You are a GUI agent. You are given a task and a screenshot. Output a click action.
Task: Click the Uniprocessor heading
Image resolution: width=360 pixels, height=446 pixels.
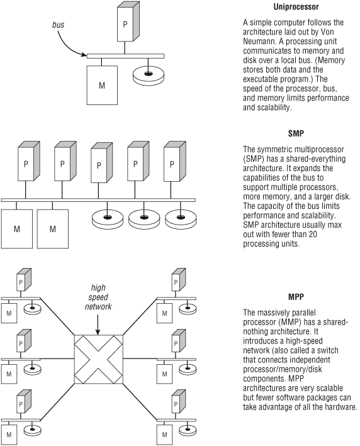(296, 7)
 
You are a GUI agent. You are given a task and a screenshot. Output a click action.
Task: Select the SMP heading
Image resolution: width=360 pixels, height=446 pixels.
(296, 133)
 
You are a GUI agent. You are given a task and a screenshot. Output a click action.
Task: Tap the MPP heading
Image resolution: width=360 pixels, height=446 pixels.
(296, 297)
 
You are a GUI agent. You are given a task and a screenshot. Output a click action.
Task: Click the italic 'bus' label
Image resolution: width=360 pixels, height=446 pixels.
(58, 25)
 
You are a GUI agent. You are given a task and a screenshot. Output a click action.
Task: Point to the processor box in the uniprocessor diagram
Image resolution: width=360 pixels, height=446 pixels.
(128, 21)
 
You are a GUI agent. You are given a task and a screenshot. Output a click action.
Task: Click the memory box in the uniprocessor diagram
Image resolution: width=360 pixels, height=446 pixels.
(102, 86)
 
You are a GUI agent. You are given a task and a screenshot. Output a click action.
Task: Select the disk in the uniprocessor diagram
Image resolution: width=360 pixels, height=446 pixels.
(149, 75)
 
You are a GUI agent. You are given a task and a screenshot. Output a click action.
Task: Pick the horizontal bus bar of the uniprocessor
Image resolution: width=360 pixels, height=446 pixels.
(125, 56)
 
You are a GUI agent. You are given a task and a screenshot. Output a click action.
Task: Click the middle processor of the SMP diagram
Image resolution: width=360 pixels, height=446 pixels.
(101, 163)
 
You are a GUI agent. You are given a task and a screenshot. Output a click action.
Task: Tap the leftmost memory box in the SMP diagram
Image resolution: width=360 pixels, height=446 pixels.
(17, 229)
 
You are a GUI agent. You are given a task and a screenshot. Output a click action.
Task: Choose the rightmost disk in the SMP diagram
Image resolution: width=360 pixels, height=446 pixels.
(181, 220)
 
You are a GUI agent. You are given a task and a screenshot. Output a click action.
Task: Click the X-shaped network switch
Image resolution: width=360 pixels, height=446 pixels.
(98, 359)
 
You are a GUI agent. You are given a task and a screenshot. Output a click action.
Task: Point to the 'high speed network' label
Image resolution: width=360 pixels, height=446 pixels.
(98, 297)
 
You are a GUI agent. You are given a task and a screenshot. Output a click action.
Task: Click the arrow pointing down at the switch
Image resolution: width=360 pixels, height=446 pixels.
(98, 325)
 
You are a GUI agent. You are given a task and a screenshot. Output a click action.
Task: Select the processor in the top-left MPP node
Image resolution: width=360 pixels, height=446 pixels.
(24, 280)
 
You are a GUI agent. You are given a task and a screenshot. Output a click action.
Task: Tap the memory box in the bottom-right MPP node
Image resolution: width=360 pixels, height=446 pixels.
(164, 435)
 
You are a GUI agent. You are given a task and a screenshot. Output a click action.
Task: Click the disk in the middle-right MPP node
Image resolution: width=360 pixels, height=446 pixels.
(188, 369)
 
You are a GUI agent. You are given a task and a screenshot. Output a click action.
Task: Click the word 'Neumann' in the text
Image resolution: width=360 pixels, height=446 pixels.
(259, 42)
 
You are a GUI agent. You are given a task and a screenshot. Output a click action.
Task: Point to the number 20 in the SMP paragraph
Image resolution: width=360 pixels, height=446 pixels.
(312, 234)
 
